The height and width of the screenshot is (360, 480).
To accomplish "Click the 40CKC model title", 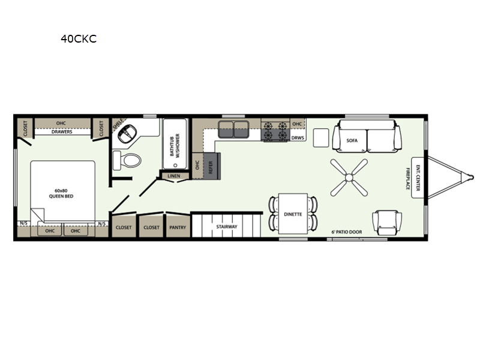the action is coord(79,39).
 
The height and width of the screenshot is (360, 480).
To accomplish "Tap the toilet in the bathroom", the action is coord(127,160).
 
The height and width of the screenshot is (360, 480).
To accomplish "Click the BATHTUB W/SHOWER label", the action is coord(175,145).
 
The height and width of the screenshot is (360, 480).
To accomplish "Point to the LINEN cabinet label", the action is coord(174,176).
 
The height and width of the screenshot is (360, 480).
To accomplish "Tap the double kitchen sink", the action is coord(233,129).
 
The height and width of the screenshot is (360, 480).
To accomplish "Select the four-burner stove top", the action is coord(275,130).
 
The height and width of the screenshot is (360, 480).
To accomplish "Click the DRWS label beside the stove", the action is coord(298,138).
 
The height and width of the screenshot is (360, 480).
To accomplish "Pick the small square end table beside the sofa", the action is coord(321,138).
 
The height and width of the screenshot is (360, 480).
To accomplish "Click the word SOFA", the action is coord(352,140).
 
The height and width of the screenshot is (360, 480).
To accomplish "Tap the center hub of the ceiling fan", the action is coord(349,178).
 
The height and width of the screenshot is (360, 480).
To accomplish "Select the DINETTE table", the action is coord(293,214).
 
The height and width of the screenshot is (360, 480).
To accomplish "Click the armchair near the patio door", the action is coord(387,223).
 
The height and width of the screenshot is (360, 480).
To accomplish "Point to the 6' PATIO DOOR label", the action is coord(347,232).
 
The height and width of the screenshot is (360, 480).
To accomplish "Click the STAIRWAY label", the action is coord(227,227).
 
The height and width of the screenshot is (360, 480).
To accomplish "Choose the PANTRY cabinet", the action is coord(178,226).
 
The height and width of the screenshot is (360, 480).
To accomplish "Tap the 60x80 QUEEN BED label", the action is coord(61,193).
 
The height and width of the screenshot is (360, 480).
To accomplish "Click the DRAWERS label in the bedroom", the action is coord(62,132).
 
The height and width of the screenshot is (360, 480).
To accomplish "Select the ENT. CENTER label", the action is coord(418,178).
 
